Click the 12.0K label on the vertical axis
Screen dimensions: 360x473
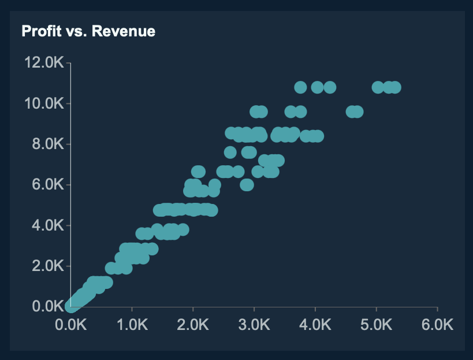44,62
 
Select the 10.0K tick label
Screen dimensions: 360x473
44,103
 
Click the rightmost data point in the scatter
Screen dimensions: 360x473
395,87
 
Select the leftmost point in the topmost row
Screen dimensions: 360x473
300,87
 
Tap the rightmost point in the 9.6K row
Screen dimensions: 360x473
357,112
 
